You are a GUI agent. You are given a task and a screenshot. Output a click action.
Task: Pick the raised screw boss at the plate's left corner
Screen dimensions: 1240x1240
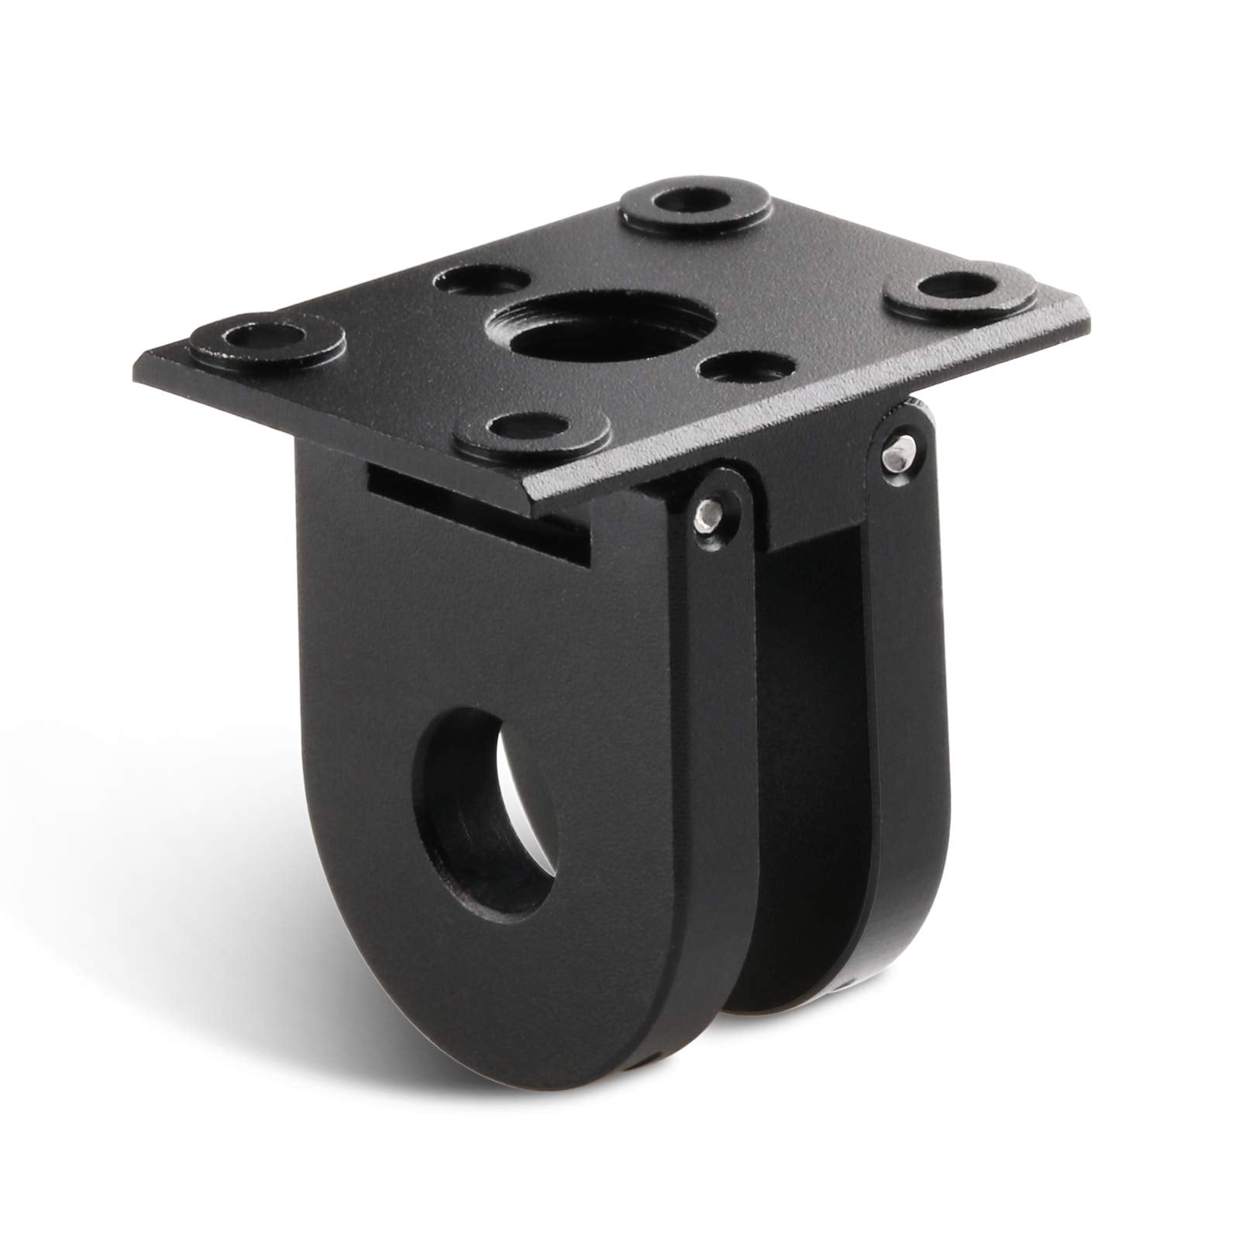263,338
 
